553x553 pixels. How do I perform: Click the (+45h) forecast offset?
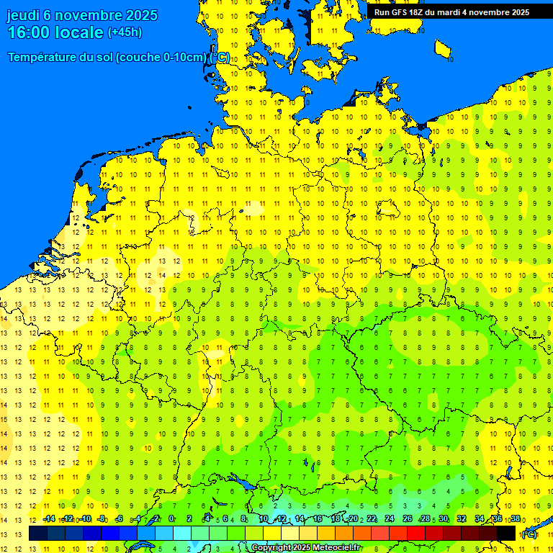125,32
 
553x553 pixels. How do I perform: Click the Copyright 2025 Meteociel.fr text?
305,548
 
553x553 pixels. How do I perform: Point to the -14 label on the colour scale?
49,519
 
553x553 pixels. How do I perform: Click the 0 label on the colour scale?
171,519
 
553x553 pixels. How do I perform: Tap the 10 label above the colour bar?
264,519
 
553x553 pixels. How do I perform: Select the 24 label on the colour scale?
390,519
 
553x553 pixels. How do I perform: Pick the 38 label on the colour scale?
515,519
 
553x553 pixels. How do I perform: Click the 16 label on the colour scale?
318,519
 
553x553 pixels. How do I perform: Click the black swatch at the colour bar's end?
506,534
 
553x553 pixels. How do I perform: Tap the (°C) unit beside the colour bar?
529,534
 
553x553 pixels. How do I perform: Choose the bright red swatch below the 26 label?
416,534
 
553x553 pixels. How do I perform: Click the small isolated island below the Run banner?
444,49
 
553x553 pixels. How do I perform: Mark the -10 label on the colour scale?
85,519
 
